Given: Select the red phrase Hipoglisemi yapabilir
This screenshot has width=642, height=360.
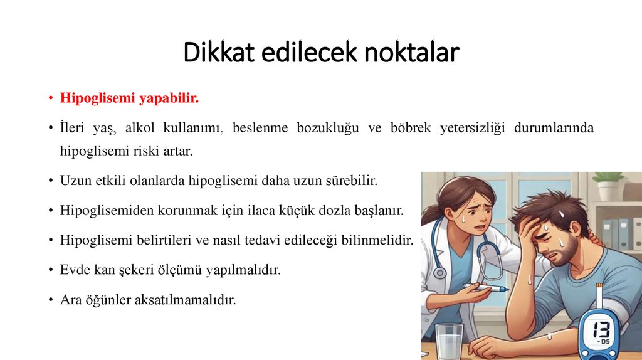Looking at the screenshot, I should click(x=129, y=98).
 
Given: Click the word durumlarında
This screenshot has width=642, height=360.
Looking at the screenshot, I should click(x=554, y=129).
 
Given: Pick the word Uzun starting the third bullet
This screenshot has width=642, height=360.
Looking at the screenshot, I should click(x=74, y=181).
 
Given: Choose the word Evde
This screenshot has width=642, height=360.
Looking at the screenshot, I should click(x=74, y=270).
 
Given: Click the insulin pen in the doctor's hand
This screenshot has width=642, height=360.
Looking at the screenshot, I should click(x=487, y=288).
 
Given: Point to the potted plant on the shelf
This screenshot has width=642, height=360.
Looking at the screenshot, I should click(x=608, y=184).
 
